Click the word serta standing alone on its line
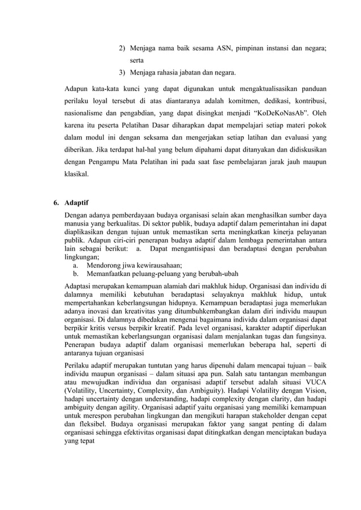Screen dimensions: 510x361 click(x=137, y=60)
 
